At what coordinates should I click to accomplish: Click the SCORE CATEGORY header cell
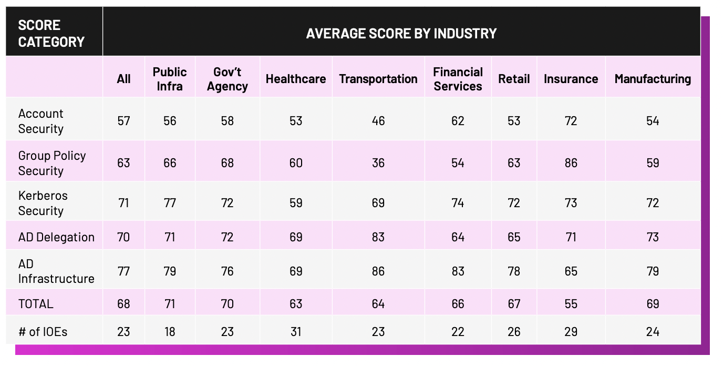[x=51, y=33]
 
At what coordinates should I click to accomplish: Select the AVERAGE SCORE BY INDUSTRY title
[x=401, y=33]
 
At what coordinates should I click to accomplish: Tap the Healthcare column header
[x=296, y=79]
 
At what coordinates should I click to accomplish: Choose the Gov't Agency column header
[x=227, y=79]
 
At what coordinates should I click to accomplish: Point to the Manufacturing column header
[x=653, y=79]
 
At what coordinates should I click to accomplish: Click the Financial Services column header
[x=458, y=79]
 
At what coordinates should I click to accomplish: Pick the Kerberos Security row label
[x=43, y=203]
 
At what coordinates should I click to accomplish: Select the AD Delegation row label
[x=56, y=237]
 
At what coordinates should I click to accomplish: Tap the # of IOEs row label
[x=43, y=332]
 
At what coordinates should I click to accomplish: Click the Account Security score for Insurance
[x=571, y=121]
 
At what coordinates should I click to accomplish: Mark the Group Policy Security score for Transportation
[x=378, y=163]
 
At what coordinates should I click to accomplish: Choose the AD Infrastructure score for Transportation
[x=378, y=271]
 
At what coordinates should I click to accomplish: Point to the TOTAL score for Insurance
[x=571, y=304]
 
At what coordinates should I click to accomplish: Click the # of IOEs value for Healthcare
[x=296, y=332]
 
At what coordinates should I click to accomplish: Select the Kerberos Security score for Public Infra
[x=170, y=203]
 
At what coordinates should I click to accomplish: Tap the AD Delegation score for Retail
[x=514, y=237]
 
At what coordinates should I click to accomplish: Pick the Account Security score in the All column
[x=123, y=121]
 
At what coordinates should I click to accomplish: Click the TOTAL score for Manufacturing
[x=653, y=304]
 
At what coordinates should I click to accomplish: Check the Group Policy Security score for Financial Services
[x=458, y=163]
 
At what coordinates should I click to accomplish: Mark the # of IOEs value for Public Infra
[x=170, y=332]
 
